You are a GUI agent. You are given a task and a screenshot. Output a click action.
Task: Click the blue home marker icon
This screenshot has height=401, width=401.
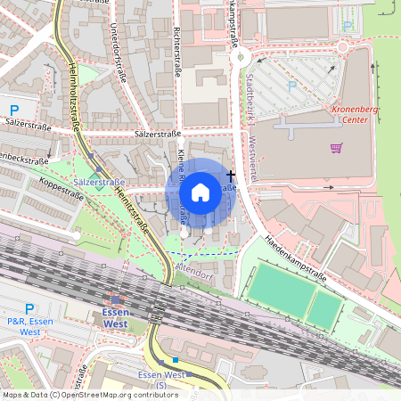[200, 192]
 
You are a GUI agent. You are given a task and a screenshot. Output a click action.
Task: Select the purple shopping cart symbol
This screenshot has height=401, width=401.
[337, 148]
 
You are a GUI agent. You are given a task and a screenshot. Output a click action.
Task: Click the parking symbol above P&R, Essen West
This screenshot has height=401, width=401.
[29, 308]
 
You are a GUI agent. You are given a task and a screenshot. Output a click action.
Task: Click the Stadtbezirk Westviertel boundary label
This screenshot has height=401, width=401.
[249, 125]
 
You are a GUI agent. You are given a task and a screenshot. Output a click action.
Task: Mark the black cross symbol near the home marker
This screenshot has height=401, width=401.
[231, 175]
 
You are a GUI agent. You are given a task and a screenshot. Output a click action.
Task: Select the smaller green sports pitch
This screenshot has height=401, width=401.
[323, 309]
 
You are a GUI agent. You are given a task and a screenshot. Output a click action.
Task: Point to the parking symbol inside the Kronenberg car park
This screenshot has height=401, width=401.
[291, 87]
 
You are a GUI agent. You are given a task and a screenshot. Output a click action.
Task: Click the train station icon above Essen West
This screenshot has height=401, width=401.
[117, 300]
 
